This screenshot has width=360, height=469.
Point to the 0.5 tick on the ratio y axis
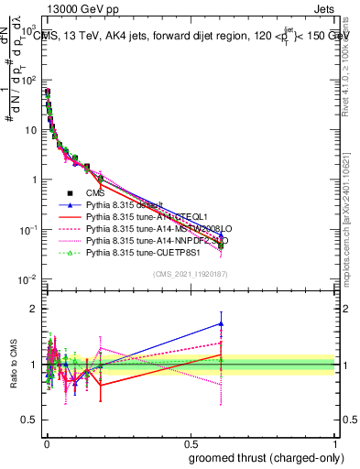[x=27, y=422]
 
